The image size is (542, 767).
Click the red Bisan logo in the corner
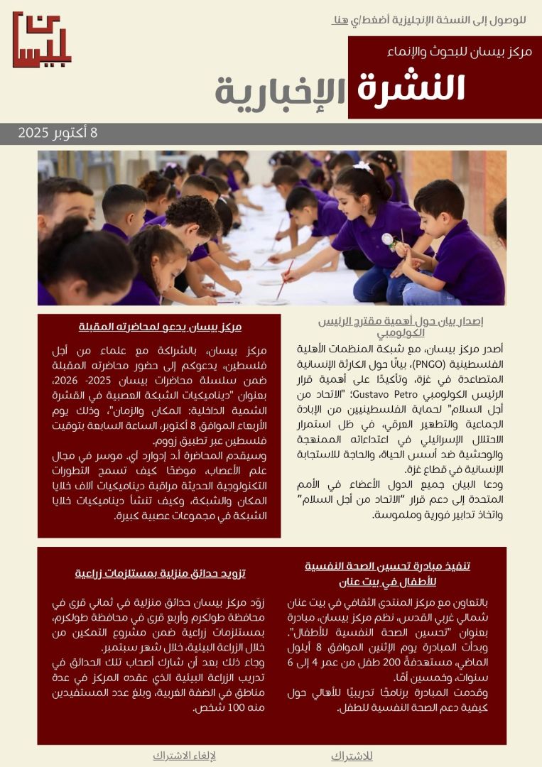(x=42, y=40)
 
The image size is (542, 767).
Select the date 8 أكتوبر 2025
(x=58, y=133)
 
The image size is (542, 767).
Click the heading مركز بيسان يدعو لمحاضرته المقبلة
(x=160, y=327)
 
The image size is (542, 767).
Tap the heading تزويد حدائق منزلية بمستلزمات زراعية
(x=160, y=573)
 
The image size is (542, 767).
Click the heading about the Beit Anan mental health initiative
(x=387, y=573)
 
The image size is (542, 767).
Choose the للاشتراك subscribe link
(x=352, y=756)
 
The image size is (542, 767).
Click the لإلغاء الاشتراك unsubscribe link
(x=185, y=756)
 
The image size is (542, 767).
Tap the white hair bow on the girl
(x=362, y=167)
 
